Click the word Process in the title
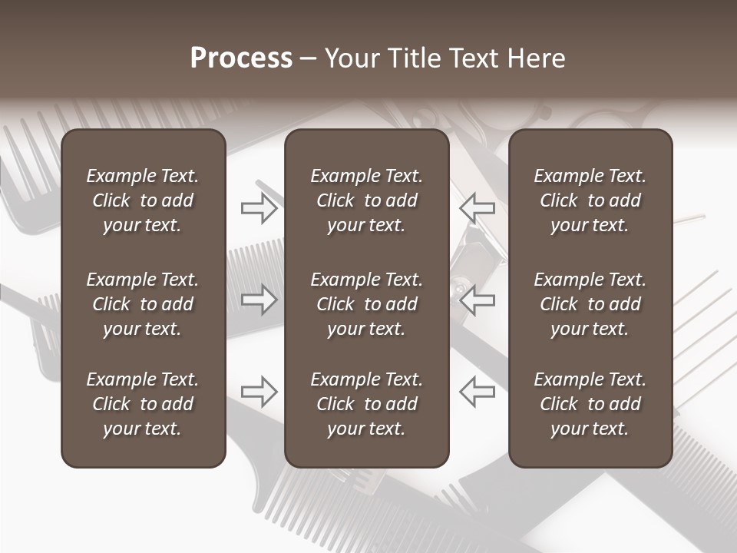[x=241, y=58]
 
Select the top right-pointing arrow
[x=259, y=207]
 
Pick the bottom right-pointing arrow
[x=259, y=391]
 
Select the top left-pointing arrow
[x=478, y=207]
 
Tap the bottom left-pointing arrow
[x=478, y=391]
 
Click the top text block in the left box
[x=143, y=200]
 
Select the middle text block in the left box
[x=143, y=304]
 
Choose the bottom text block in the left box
[x=143, y=404]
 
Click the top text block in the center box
[x=366, y=200]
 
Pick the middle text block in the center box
[x=366, y=304]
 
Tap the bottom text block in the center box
[x=366, y=404]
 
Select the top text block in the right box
[x=590, y=200]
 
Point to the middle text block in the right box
[x=590, y=304]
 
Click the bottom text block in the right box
[x=590, y=404]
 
